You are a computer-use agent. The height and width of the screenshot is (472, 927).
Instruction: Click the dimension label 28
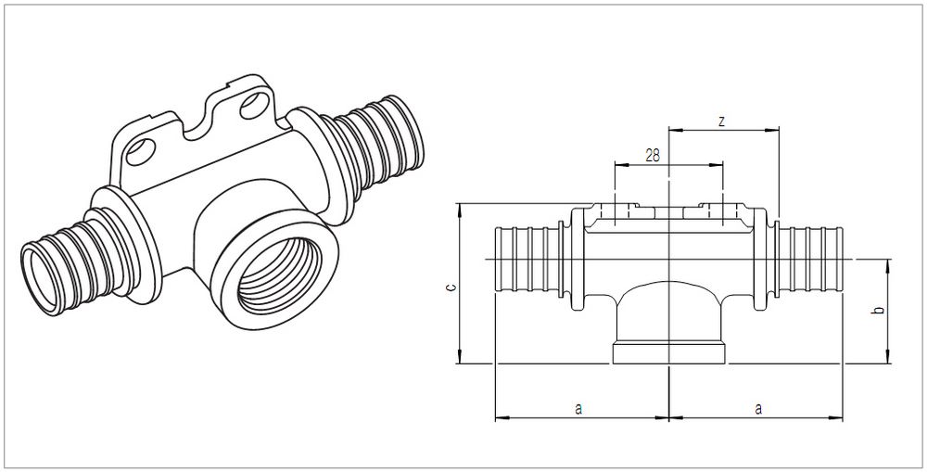[x=653, y=156]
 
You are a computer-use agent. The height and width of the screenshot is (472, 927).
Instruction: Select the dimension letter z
[x=721, y=121]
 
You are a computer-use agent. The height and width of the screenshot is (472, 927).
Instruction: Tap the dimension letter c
[x=451, y=288]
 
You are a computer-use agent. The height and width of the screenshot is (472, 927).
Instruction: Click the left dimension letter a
[x=578, y=408]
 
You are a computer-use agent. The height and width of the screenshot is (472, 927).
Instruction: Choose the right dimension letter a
[x=758, y=408]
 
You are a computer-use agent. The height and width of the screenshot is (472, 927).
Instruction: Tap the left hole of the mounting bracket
[x=140, y=152]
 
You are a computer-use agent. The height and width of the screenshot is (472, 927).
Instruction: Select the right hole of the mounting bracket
[x=254, y=106]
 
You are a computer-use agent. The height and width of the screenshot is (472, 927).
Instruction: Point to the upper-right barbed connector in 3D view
[x=377, y=145]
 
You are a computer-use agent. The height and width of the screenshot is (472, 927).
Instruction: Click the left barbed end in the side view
[x=527, y=259]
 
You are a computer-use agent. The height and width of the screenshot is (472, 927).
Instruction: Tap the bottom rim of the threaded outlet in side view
[x=668, y=353]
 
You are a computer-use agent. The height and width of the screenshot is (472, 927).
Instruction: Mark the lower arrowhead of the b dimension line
[x=887, y=357]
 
